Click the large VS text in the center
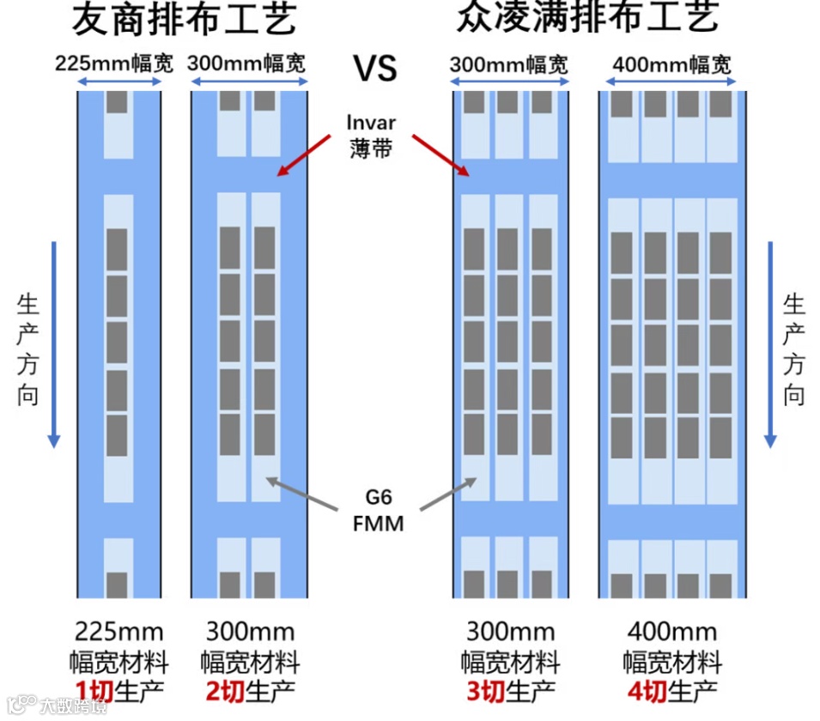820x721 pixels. click(x=376, y=67)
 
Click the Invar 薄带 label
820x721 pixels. click(x=371, y=135)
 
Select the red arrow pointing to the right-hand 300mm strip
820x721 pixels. click(x=439, y=154)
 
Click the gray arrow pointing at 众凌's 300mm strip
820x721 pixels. click(x=448, y=495)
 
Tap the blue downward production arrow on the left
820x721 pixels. click(x=54, y=343)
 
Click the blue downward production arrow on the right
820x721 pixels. click(x=770, y=343)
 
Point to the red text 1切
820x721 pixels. click(x=91, y=691)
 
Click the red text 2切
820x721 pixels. click(x=221, y=691)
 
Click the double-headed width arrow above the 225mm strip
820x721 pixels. click(x=119, y=82)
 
